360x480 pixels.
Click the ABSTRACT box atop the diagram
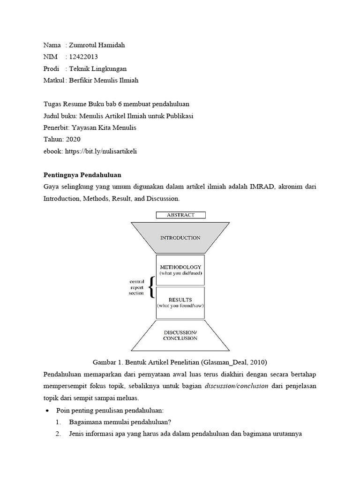click(180, 215)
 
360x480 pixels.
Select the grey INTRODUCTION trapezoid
click(180, 238)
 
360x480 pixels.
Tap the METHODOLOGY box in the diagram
click(180, 270)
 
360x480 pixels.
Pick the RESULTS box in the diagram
click(180, 302)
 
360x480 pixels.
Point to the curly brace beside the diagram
click(151, 287)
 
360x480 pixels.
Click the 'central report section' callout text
click(136, 287)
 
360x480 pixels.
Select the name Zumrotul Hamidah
click(97, 45)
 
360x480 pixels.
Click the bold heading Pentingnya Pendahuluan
click(82, 175)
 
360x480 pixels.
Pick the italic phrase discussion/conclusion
click(237, 387)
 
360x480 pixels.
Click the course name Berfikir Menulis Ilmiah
click(104, 81)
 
